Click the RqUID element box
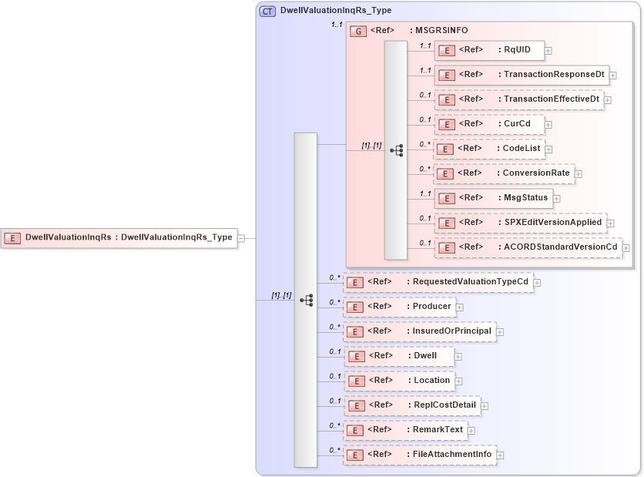point(489,51)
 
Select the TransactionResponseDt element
point(522,75)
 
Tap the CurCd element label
point(512,123)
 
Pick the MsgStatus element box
point(493,197)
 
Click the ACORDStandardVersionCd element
point(528,247)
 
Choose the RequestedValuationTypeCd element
point(438,282)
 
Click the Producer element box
point(398,307)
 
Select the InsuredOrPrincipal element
point(419,331)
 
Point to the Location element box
point(398,381)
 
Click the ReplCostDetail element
point(412,405)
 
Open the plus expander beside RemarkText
point(471,431)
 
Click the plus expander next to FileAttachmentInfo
point(501,455)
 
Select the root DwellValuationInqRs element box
point(119,238)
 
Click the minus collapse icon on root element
point(241,238)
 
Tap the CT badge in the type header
point(268,11)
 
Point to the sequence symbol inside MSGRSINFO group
point(397,150)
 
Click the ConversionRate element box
point(503,173)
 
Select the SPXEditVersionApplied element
point(520,223)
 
